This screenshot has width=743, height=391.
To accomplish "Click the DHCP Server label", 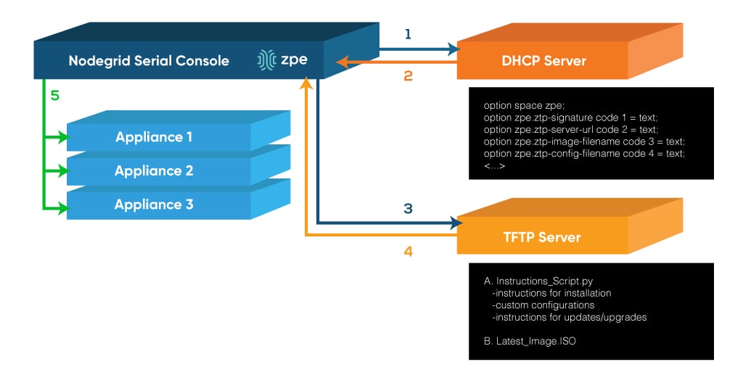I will click(543, 61).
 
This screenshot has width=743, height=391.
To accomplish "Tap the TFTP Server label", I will click(542, 237).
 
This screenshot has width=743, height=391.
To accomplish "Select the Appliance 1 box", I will click(149, 137).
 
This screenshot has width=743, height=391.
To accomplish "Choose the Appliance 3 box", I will click(154, 205).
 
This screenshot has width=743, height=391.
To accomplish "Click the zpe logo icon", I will click(266, 61).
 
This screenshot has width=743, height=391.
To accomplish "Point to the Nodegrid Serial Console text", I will click(149, 61).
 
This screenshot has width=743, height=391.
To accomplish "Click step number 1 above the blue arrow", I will click(408, 34).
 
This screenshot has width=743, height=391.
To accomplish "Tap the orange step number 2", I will click(408, 75).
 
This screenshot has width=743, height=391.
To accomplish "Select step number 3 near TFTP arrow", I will click(408, 209).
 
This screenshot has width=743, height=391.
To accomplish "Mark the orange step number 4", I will click(408, 251).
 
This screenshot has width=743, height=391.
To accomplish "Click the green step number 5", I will click(54, 95).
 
